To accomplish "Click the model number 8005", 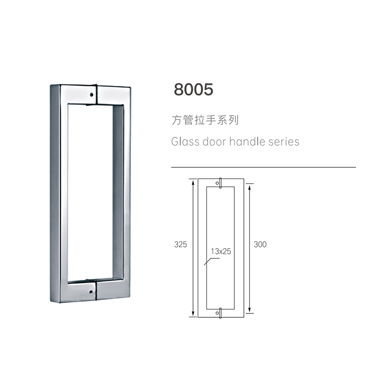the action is click(193, 89).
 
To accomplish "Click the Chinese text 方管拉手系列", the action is click(205, 120).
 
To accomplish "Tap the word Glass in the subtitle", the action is click(185, 142).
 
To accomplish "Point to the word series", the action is click(284, 142).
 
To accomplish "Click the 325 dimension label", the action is click(180, 244).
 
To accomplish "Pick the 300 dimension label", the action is click(260, 244).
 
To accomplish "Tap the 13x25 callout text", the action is click(221, 251).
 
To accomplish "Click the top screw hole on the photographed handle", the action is click(92, 95).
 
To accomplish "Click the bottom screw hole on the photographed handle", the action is click(91, 292).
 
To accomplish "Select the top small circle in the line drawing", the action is click(217, 183).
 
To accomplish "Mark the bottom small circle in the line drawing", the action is click(217, 313).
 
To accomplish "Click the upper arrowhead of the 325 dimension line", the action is click(193, 183).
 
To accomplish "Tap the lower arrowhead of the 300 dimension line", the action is click(250, 310).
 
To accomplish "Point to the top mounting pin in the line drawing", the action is click(220, 183).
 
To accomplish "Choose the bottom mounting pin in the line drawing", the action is click(220, 313).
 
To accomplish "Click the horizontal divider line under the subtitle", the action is click(264, 167).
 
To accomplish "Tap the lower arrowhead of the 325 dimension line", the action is click(193, 314).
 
